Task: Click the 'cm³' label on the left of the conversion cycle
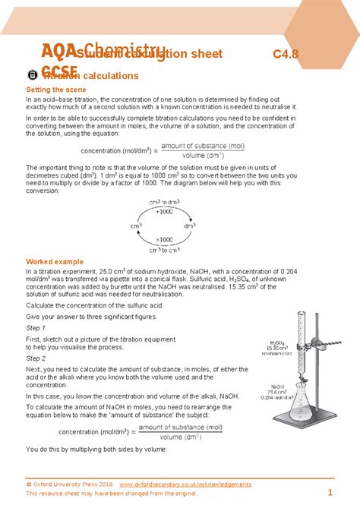136,226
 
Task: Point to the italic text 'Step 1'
36,327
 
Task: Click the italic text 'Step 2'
36,358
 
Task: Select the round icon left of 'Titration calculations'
31,75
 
